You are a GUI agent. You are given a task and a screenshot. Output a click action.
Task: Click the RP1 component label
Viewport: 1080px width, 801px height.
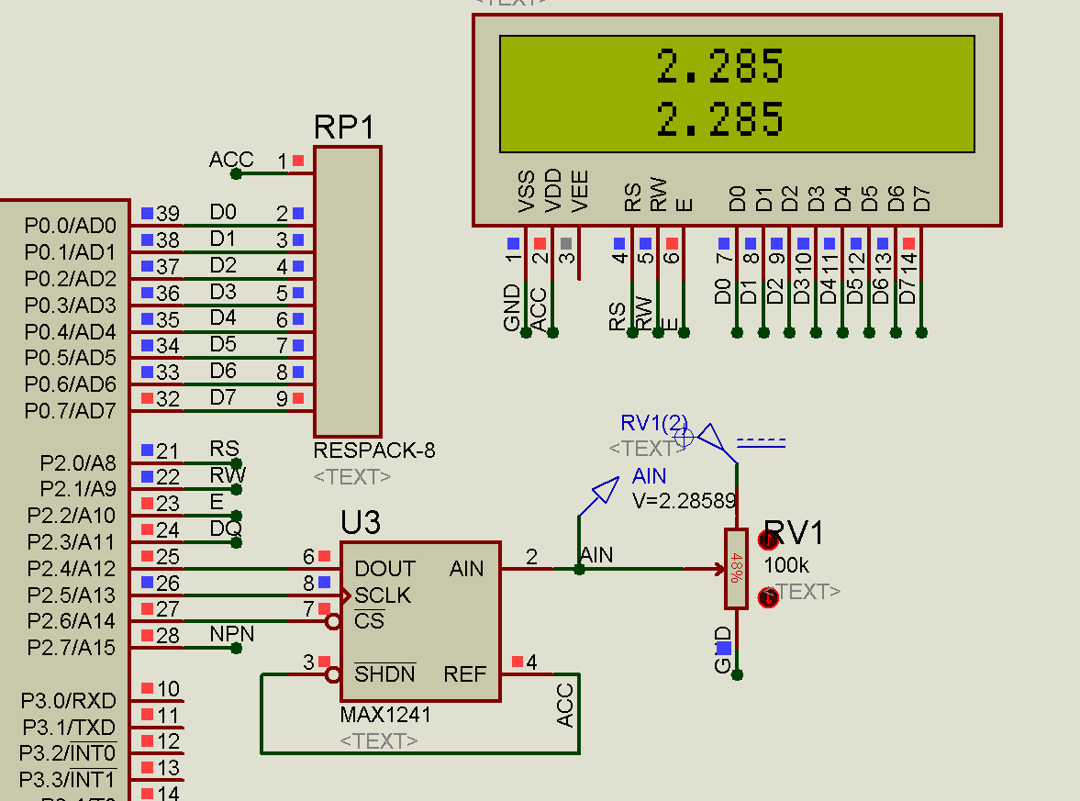point(345,128)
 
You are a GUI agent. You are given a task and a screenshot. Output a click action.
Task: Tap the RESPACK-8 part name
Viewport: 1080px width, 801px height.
point(374,451)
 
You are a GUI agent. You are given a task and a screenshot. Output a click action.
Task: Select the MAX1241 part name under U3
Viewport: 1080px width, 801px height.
point(385,715)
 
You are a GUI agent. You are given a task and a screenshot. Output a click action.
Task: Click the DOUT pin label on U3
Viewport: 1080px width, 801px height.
point(384,569)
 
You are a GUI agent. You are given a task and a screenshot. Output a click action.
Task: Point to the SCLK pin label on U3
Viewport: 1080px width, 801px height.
point(383,595)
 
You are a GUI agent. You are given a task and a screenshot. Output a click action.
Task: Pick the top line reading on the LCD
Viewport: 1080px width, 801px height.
point(720,67)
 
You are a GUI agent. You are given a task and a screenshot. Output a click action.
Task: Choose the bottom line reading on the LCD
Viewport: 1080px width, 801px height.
point(720,119)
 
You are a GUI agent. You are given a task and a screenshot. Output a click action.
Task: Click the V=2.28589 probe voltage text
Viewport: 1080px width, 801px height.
point(684,501)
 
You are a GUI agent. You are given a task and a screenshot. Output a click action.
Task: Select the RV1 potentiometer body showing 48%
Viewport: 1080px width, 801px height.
point(736,569)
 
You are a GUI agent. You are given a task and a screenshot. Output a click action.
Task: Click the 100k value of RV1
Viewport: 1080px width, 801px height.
point(786,565)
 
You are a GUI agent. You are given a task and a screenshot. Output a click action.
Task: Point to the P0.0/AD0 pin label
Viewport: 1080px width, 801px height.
point(71,226)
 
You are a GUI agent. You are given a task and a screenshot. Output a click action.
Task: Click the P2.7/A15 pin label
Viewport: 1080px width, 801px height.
point(71,648)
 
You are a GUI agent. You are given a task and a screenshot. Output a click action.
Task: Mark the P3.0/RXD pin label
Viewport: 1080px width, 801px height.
point(69,701)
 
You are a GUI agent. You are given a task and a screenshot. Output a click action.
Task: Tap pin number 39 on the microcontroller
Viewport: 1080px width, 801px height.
point(167,214)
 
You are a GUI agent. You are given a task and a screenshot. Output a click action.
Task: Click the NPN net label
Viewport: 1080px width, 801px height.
point(232,634)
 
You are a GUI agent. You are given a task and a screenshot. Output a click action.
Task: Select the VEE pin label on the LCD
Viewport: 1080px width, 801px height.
point(580,192)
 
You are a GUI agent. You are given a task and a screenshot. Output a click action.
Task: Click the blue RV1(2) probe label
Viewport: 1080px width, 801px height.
point(654,423)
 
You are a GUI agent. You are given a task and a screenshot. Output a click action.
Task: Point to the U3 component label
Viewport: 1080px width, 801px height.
point(360,522)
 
